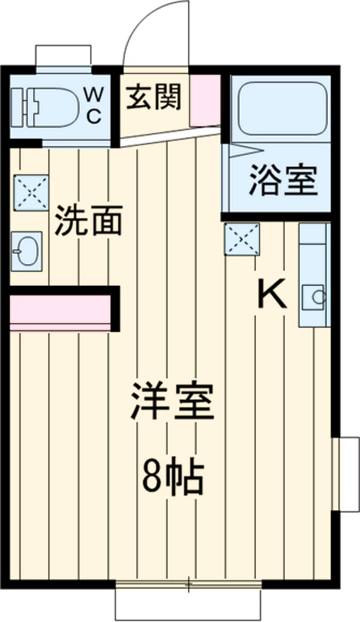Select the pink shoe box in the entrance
coord(205,100)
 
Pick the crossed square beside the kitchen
coord(242,239)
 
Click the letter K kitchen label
coord(272,295)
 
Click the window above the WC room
coord(63,57)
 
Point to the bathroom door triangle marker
coord(235,149)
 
